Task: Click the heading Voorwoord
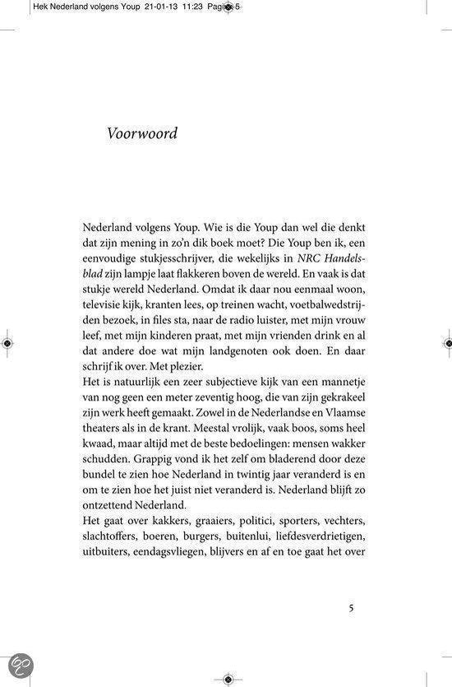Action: tap(142, 133)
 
